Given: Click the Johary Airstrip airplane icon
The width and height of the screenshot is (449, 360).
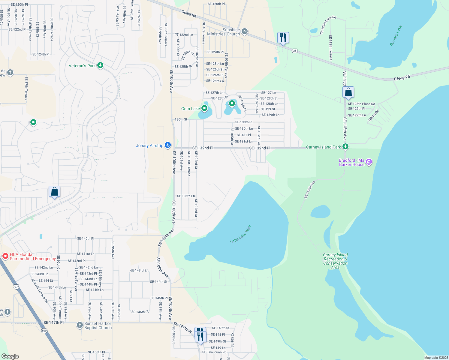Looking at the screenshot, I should click(x=168, y=145).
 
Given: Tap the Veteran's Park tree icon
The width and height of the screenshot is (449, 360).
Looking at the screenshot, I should click(x=100, y=65).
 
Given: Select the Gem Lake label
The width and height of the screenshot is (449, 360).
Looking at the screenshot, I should click(x=190, y=109).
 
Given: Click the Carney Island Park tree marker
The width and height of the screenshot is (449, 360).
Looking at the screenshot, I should click(x=345, y=147).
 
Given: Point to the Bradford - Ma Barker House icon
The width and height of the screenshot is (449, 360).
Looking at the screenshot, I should click(x=369, y=162).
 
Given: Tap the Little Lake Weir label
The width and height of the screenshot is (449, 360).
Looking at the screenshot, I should click(x=240, y=235).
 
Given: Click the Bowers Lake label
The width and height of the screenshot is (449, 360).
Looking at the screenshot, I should click(x=396, y=36).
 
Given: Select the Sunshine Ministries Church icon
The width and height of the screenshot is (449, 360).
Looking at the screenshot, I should click(x=245, y=31).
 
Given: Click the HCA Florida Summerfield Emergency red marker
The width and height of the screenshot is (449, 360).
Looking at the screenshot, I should click(x=5, y=256).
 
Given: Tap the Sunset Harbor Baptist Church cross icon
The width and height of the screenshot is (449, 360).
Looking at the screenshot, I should click(x=80, y=325).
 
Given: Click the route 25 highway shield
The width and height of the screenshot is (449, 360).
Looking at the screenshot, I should click(x=295, y=51).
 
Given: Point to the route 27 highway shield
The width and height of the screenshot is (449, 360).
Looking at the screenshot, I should click(x=16, y=287).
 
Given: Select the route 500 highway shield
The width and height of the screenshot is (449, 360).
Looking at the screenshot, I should click(x=44, y=331).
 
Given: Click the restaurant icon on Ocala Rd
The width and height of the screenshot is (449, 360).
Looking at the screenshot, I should click(x=283, y=38).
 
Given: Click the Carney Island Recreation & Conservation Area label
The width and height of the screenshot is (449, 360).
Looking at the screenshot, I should click(x=335, y=261).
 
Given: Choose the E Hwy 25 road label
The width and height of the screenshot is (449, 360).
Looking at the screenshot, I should click(x=402, y=78).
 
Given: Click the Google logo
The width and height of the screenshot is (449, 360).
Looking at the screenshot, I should click(x=10, y=356).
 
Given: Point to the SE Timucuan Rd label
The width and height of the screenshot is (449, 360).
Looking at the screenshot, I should click(x=214, y=352).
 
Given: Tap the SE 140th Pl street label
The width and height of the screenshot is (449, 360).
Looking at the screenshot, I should click(x=86, y=238).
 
